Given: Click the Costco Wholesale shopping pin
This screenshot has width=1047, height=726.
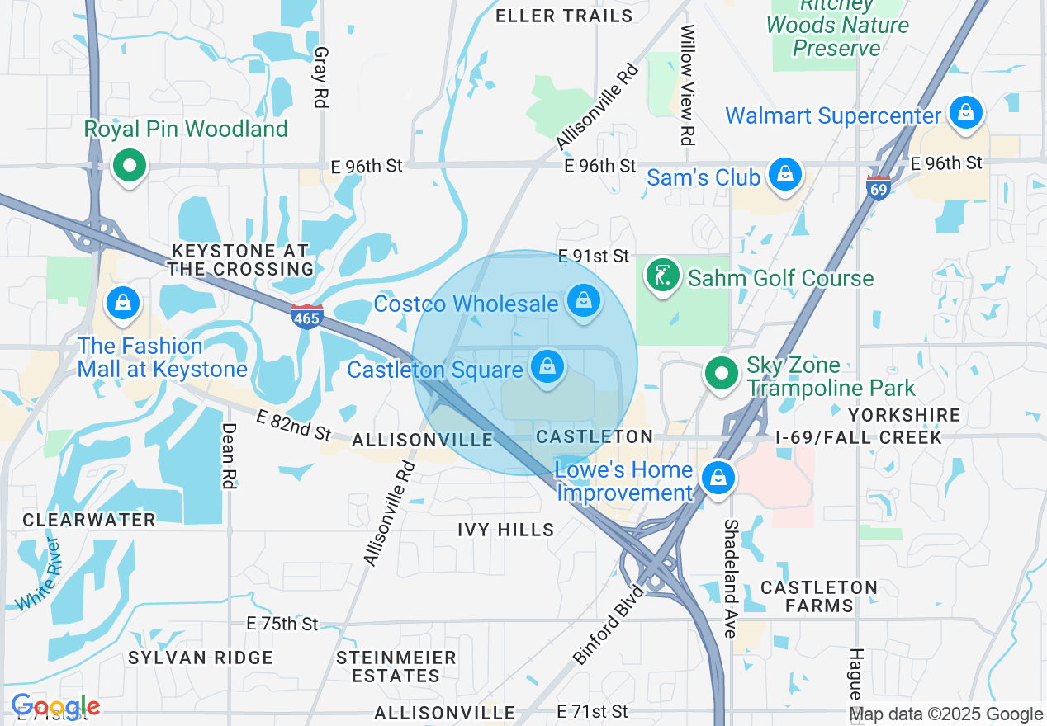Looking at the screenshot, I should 584,300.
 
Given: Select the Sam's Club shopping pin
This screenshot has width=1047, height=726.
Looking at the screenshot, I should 786,174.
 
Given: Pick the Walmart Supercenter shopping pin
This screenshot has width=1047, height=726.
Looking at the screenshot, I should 965,112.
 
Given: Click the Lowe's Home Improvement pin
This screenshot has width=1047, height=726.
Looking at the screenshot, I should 718,478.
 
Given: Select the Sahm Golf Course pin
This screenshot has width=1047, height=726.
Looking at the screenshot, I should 662,275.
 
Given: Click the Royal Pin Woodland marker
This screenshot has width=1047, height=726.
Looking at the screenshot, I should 129,166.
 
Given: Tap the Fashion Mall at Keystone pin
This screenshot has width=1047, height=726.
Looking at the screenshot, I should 123,303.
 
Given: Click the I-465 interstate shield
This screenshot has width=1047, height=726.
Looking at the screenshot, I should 306,315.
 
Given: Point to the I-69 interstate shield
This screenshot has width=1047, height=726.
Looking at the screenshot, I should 879,188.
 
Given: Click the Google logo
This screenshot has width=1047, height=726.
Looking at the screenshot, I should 55,706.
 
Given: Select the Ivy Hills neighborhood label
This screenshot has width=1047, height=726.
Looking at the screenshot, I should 506,530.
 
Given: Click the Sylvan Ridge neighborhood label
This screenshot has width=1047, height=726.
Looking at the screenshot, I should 201,658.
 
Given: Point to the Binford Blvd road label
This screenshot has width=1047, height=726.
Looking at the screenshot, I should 609,625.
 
